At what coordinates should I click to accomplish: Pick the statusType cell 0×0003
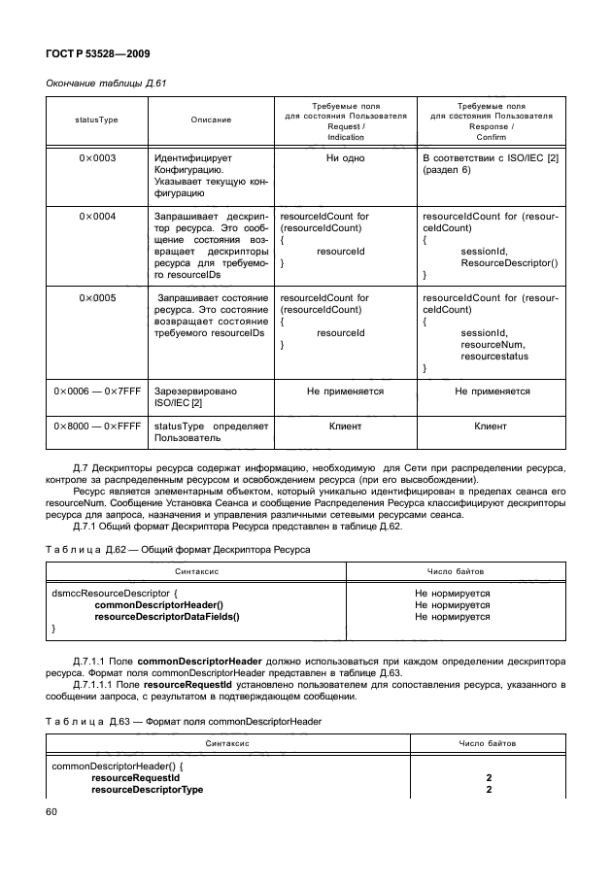[97, 157]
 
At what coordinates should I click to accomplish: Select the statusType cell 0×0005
[97, 297]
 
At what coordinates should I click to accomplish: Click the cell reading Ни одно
[345, 157]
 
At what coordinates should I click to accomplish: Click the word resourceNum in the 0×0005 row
[493, 344]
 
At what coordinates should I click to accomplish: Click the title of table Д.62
[178, 550]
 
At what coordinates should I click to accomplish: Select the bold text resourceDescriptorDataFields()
[166, 617]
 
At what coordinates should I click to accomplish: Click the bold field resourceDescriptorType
[147, 790]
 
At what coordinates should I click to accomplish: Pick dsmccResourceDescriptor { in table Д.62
[114, 593]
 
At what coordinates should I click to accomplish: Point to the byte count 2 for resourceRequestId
[489, 778]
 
